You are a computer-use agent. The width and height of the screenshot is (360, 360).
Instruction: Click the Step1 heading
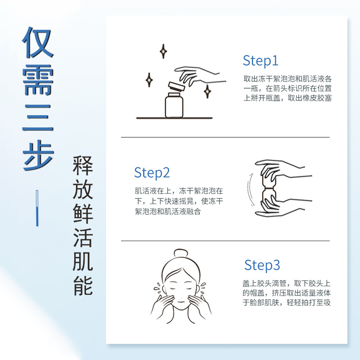tap(261, 61)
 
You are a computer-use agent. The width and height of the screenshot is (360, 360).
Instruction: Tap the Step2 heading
tap(152, 173)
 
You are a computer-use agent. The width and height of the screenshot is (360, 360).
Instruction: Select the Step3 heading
tap(262, 265)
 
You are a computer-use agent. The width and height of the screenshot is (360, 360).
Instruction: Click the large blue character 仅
tap(38, 42)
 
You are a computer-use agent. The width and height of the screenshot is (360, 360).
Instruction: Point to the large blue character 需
tap(38, 80)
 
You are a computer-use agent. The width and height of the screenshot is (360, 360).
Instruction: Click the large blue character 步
tap(38, 155)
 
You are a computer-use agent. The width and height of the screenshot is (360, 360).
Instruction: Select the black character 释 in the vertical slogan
tap(83, 165)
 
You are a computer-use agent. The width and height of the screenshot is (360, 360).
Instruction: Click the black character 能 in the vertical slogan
tap(83, 286)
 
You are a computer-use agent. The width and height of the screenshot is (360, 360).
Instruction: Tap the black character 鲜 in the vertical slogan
tap(83, 213)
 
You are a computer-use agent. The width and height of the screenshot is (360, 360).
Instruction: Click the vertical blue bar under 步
tap(37, 208)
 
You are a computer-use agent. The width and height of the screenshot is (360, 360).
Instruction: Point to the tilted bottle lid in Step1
tap(176, 87)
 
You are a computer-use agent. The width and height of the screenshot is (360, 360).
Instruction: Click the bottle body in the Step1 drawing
tap(174, 106)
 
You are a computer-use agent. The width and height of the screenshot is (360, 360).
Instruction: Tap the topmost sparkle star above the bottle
tap(163, 51)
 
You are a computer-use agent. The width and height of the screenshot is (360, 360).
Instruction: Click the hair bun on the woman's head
tap(181, 253)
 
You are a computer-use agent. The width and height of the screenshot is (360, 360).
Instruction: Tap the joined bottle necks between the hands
tap(269, 188)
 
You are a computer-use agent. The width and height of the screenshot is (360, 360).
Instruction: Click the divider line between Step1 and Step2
tap(225, 137)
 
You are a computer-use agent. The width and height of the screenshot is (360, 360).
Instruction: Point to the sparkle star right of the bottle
tap(207, 91)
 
